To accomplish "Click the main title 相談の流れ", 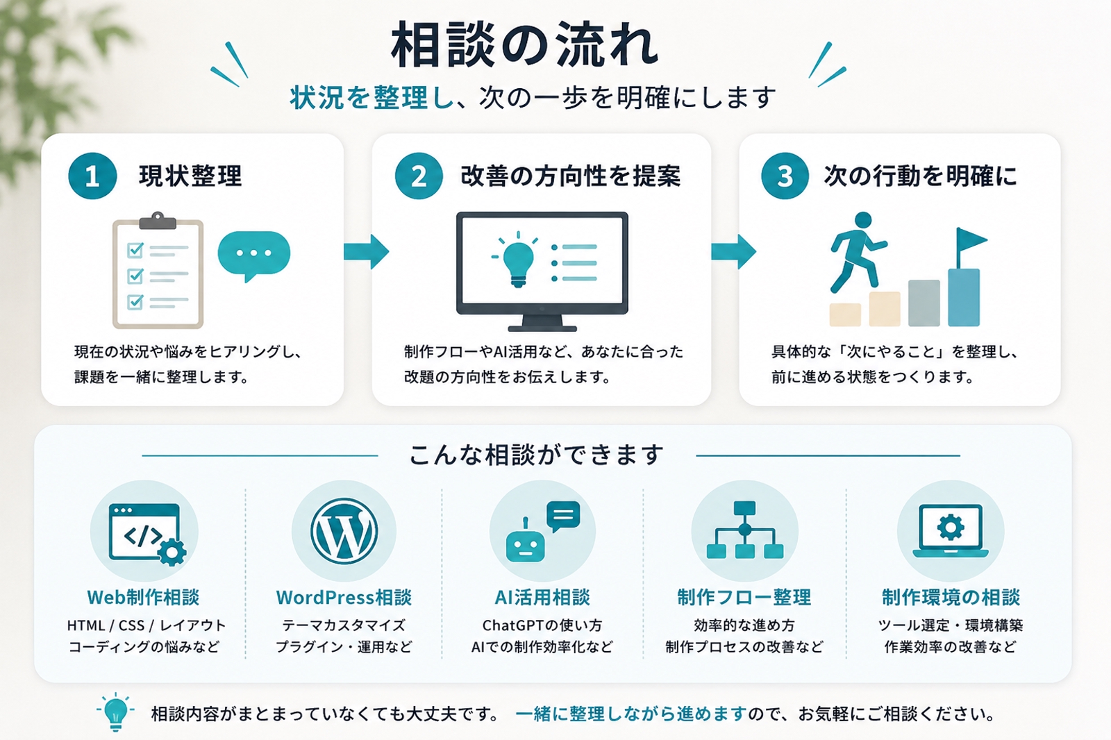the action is [x=524, y=45].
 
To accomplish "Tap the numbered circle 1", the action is [x=92, y=176].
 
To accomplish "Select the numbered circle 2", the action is [x=419, y=176].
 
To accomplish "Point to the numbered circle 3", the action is [x=785, y=176].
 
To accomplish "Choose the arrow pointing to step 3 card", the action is [x=733, y=251].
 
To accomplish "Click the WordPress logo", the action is [x=344, y=531].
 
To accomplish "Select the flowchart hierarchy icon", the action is [x=744, y=530].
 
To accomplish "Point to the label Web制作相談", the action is [x=143, y=598].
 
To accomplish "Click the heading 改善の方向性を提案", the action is [x=570, y=176].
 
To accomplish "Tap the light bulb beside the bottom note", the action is [x=115, y=712].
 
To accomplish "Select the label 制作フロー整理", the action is [x=744, y=598].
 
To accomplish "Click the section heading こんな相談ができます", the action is [x=536, y=455].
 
